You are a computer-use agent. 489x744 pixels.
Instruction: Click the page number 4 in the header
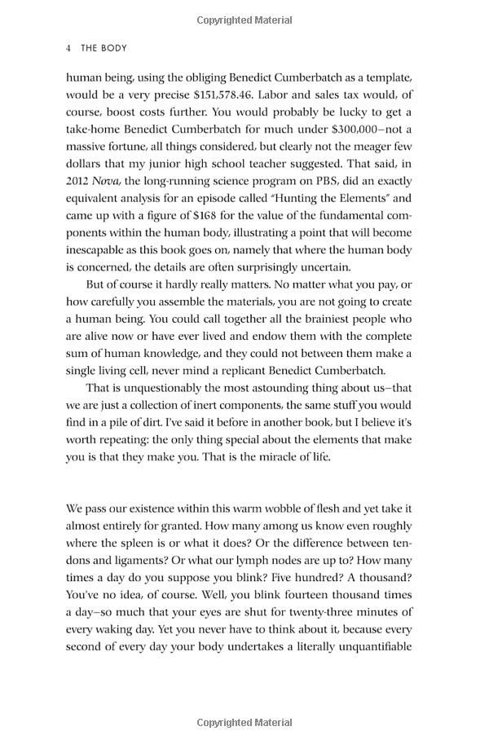click(x=69, y=48)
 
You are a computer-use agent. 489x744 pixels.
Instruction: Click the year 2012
click(x=77, y=181)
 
